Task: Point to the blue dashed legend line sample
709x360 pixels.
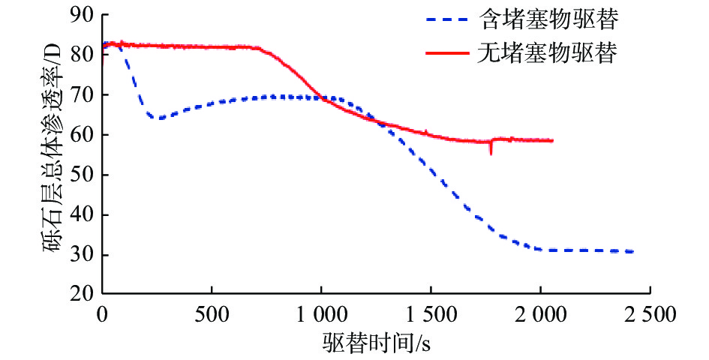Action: click(x=449, y=20)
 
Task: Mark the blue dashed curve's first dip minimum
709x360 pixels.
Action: click(x=158, y=118)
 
